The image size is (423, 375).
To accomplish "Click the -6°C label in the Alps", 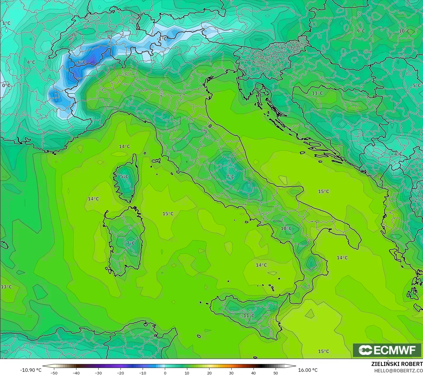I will pos(81,62).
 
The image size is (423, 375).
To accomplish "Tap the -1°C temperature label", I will pos(162,39).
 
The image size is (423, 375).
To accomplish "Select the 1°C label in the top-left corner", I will pos(6,23).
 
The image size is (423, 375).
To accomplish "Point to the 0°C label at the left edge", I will pos(6,85).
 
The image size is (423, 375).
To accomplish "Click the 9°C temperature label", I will pos(361,31).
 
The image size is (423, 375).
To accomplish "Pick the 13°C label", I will pos(6,287).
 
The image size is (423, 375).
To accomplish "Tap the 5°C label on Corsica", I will pos(124,177).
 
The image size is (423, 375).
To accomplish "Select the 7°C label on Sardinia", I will pos(130,243).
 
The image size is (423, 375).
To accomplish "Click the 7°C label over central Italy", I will pos(230,177).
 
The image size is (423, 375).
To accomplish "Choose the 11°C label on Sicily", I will pos(249,316).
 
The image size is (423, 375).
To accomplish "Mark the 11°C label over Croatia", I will pos(317,93).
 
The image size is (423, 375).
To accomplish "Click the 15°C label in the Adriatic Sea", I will pos(323,191).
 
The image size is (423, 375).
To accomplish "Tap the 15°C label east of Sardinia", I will pos(168,214).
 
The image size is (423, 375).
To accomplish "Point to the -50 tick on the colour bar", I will pos(54,373).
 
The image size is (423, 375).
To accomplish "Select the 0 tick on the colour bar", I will pos(165,373).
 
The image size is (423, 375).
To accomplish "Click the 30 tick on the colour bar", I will pos(231,373).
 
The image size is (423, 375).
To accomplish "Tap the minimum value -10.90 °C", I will pos(31,370).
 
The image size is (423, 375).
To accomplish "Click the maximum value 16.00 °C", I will pos(308,370).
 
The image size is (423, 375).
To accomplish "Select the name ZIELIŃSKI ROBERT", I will pos(397,364).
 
